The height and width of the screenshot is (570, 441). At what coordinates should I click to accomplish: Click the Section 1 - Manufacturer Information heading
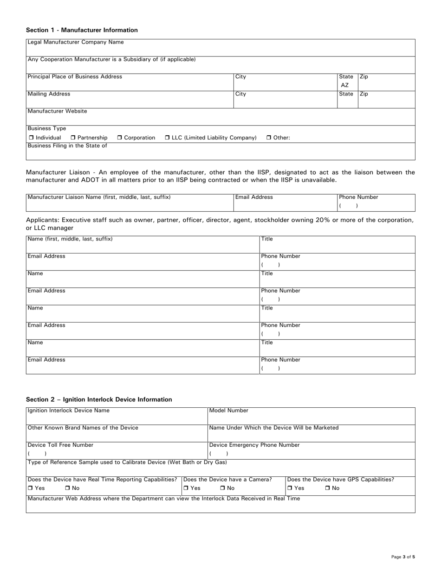pos(82,30)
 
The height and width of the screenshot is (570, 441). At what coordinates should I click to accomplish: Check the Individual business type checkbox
pos(31,138)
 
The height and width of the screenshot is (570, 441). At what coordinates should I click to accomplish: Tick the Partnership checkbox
pos(73,138)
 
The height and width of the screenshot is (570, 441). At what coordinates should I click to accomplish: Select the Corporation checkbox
pos(120,138)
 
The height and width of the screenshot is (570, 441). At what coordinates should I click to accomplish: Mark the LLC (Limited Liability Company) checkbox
pos(168,138)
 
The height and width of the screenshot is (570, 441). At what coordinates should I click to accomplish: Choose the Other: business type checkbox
pos(269,138)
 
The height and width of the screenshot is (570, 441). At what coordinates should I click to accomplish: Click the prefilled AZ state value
pos(345,85)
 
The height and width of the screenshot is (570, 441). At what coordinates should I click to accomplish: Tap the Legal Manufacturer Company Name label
pos(76,42)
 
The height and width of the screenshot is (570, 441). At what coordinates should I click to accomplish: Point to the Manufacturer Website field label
pos(57,111)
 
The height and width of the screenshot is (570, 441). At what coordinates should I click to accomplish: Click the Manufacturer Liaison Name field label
pos(99,197)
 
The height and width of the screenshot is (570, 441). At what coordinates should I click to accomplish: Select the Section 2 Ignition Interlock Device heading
pos(99,399)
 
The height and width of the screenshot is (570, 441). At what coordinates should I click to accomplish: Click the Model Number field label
pos(229,411)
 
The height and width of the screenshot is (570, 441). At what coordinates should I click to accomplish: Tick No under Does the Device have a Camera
pos(223,488)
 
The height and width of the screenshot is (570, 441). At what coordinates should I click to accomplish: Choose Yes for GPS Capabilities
pos(290,488)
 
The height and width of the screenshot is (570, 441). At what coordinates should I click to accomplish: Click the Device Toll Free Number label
pos(60,445)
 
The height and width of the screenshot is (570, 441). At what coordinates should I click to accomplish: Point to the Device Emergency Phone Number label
pos(254,445)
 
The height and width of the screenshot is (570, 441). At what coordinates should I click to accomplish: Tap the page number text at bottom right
pos(403,557)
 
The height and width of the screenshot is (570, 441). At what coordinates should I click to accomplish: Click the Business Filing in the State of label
pos(67,146)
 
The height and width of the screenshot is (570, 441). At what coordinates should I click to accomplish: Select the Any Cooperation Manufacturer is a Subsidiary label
pos(111,59)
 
